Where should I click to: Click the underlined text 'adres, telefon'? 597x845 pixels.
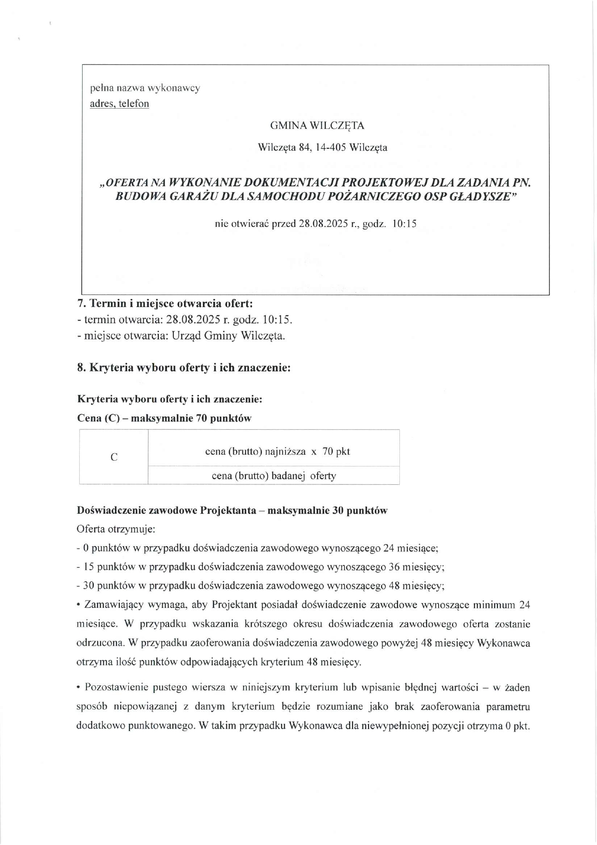coord(119,104)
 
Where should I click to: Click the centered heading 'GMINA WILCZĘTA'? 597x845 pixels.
coord(317,126)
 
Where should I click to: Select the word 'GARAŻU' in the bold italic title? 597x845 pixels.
coord(187,197)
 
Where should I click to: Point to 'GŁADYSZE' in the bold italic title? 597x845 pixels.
coord(483,197)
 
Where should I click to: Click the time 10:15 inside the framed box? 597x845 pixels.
coord(405,224)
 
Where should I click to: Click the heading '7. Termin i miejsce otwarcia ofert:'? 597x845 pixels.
coord(165,304)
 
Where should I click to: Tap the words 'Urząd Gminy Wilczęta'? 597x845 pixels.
coord(228,336)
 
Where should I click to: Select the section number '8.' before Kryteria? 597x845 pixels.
coord(82,367)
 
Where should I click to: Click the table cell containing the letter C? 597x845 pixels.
coord(114,457)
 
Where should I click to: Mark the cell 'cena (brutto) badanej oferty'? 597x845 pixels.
coord(274,476)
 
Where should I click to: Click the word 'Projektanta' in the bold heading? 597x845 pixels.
coord(228,510)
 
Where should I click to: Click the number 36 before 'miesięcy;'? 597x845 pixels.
coord(394,567)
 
